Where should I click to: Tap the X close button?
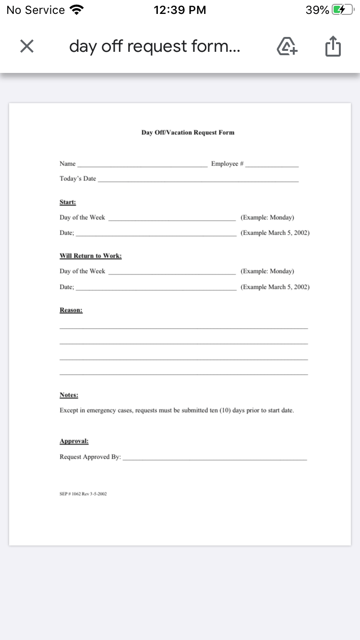[x=27, y=46]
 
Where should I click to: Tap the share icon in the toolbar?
[x=333, y=47]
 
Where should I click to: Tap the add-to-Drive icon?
[x=287, y=47]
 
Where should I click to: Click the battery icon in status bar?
[x=343, y=10]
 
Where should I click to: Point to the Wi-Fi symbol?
[x=76, y=10]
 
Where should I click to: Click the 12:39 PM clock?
[x=180, y=10]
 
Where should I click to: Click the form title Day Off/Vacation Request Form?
[x=188, y=132]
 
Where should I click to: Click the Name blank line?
[x=142, y=166]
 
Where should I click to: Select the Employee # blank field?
[x=272, y=166]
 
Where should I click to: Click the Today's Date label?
[x=78, y=179]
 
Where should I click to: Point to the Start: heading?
[x=68, y=202]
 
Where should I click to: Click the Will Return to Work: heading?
[x=90, y=256]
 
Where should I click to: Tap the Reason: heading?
[x=71, y=310]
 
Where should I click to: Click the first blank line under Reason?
[x=183, y=328]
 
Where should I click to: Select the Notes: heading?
[x=69, y=395]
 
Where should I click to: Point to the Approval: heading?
[x=74, y=441]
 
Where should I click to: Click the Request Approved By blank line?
[x=215, y=459]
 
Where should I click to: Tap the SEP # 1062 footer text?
[x=83, y=493]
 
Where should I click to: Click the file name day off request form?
[x=155, y=47]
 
